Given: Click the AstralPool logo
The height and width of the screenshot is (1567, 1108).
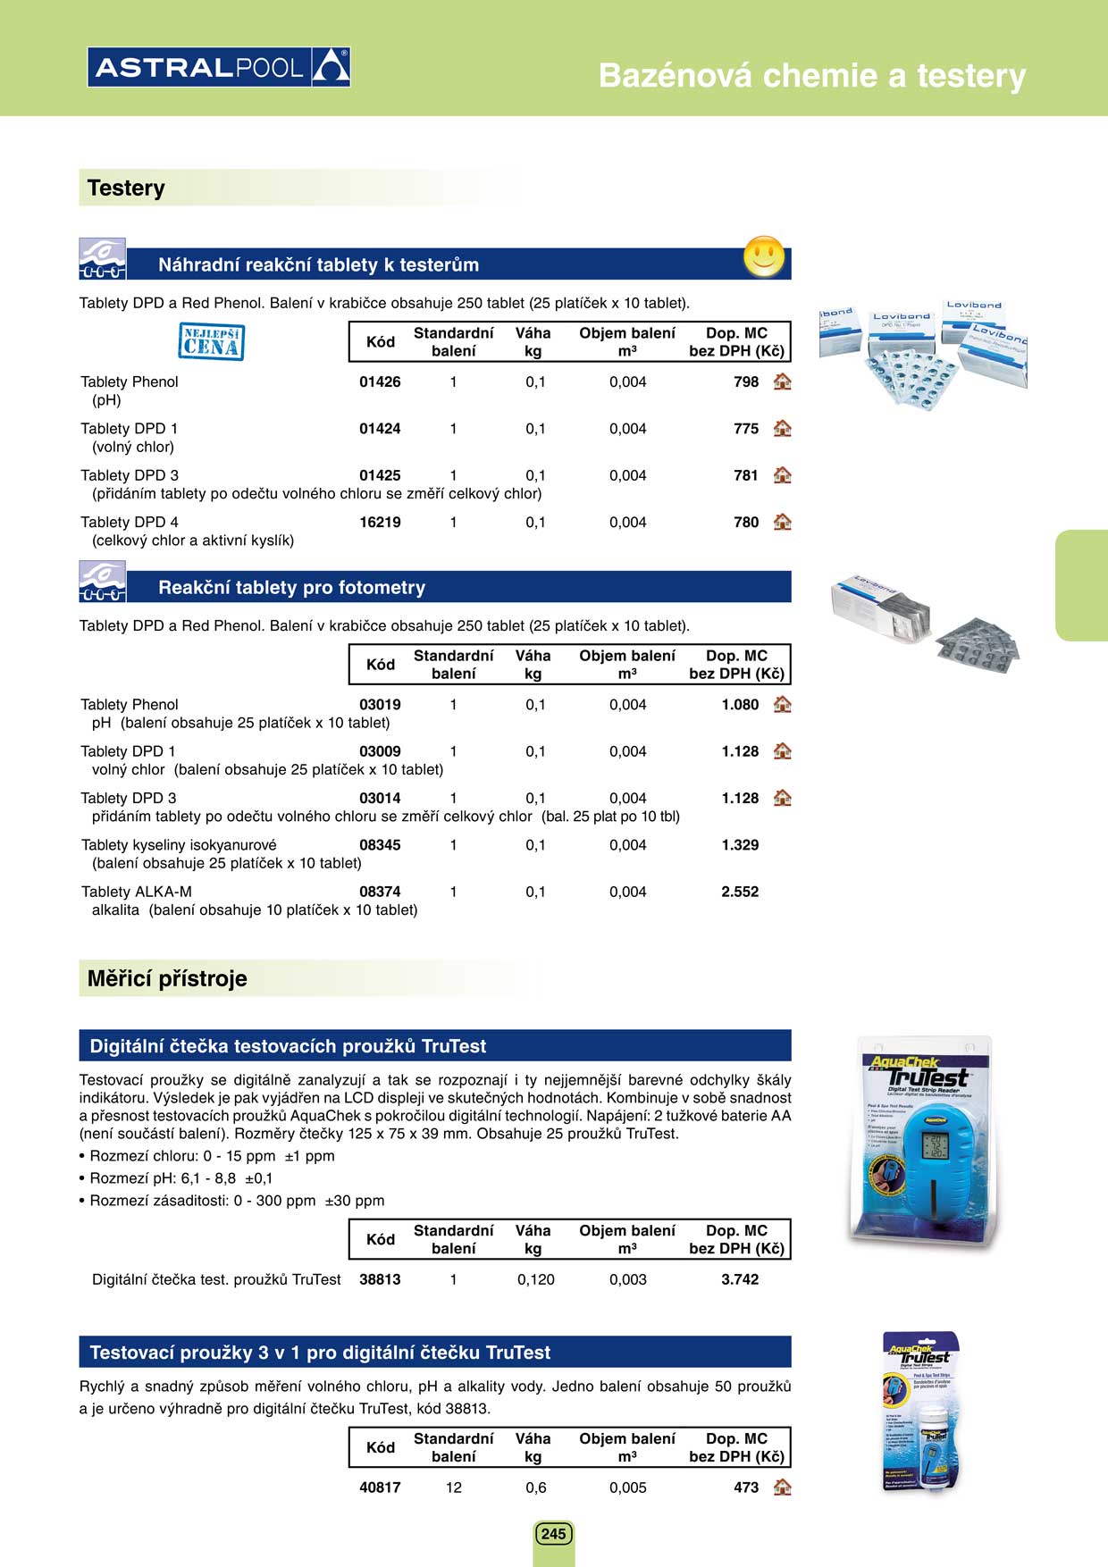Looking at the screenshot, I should click(219, 67).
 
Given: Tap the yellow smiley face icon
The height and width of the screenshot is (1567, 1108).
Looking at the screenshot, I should click(764, 257).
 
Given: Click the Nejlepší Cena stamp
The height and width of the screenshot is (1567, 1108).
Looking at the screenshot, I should click(212, 342).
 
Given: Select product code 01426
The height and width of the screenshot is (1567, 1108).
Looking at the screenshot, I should click(380, 382).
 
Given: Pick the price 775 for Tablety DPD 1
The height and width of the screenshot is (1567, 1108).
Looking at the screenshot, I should click(746, 429).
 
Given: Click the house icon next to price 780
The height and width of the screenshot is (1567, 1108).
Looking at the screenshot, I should click(783, 522).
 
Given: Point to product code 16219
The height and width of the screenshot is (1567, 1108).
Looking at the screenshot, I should click(380, 523).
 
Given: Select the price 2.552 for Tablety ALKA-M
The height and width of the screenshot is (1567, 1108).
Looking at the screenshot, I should click(740, 892).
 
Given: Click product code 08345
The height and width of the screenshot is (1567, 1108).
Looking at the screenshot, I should click(380, 845).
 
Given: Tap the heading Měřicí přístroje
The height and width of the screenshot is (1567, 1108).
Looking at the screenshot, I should click(167, 979).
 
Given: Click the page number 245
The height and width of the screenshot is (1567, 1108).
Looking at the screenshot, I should click(553, 1534).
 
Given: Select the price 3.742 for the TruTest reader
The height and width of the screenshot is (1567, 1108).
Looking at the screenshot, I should click(740, 1279).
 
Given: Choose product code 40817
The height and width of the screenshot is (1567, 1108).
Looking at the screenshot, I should click(380, 1487).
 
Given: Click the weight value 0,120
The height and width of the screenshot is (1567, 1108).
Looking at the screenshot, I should click(536, 1279).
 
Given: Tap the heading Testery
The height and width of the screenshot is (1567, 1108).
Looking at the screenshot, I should click(126, 189).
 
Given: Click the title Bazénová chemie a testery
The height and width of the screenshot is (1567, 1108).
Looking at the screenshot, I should click(811, 76).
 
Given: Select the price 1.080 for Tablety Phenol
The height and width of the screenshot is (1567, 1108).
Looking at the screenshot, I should click(740, 705).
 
